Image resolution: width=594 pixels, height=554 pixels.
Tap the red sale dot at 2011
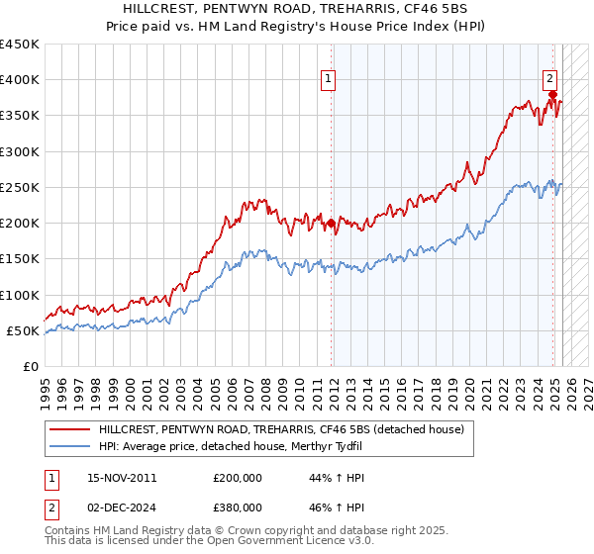(x=331, y=224)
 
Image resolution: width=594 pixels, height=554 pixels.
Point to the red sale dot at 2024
(x=552, y=95)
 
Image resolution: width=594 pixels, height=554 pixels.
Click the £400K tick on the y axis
(x=20, y=80)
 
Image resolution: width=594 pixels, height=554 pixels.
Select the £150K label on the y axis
(x=20, y=259)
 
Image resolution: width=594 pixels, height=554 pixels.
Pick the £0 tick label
(x=30, y=367)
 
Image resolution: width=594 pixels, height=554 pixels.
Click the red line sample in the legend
(x=70, y=429)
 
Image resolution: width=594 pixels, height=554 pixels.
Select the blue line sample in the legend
(x=70, y=447)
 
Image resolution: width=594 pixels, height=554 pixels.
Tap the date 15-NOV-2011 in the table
(x=122, y=478)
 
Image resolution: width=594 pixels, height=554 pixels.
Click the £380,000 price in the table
(x=238, y=508)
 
